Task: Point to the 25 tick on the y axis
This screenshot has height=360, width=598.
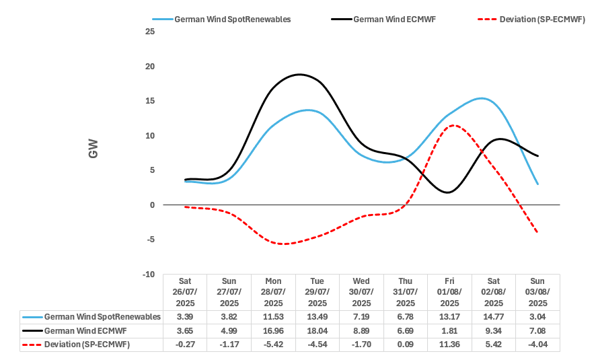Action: point(149,32)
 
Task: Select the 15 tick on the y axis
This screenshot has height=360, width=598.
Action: point(149,101)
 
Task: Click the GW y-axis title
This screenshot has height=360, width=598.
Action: point(93,149)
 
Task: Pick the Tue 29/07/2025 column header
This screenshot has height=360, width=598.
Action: point(317,292)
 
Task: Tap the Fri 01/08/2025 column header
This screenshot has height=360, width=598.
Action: point(449,292)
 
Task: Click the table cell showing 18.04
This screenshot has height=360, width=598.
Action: point(317,330)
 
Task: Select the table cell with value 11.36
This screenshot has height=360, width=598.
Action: point(449,345)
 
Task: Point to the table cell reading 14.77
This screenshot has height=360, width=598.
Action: point(494,316)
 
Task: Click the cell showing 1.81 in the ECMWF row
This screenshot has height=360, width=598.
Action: point(449,330)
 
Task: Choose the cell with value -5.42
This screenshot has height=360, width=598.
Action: point(272,345)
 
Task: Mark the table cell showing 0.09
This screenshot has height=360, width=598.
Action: point(405,345)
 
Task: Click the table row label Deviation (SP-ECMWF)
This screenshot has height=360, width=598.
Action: point(87,345)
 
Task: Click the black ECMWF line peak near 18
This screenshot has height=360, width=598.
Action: point(299,74)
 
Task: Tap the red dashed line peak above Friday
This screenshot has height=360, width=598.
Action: point(454,125)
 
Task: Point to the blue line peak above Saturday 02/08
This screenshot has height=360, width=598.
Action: point(482,98)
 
